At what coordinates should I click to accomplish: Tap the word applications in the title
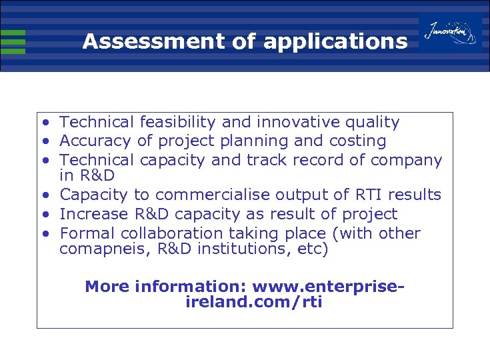pyautogui.click(x=335, y=42)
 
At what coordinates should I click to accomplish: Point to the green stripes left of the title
pyautogui.click(x=13, y=41)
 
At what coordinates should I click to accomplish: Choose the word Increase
pyautogui.click(x=93, y=215)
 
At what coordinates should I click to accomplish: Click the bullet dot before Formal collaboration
pyautogui.click(x=44, y=234)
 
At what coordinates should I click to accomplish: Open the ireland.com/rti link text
pyautogui.click(x=252, y=302)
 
